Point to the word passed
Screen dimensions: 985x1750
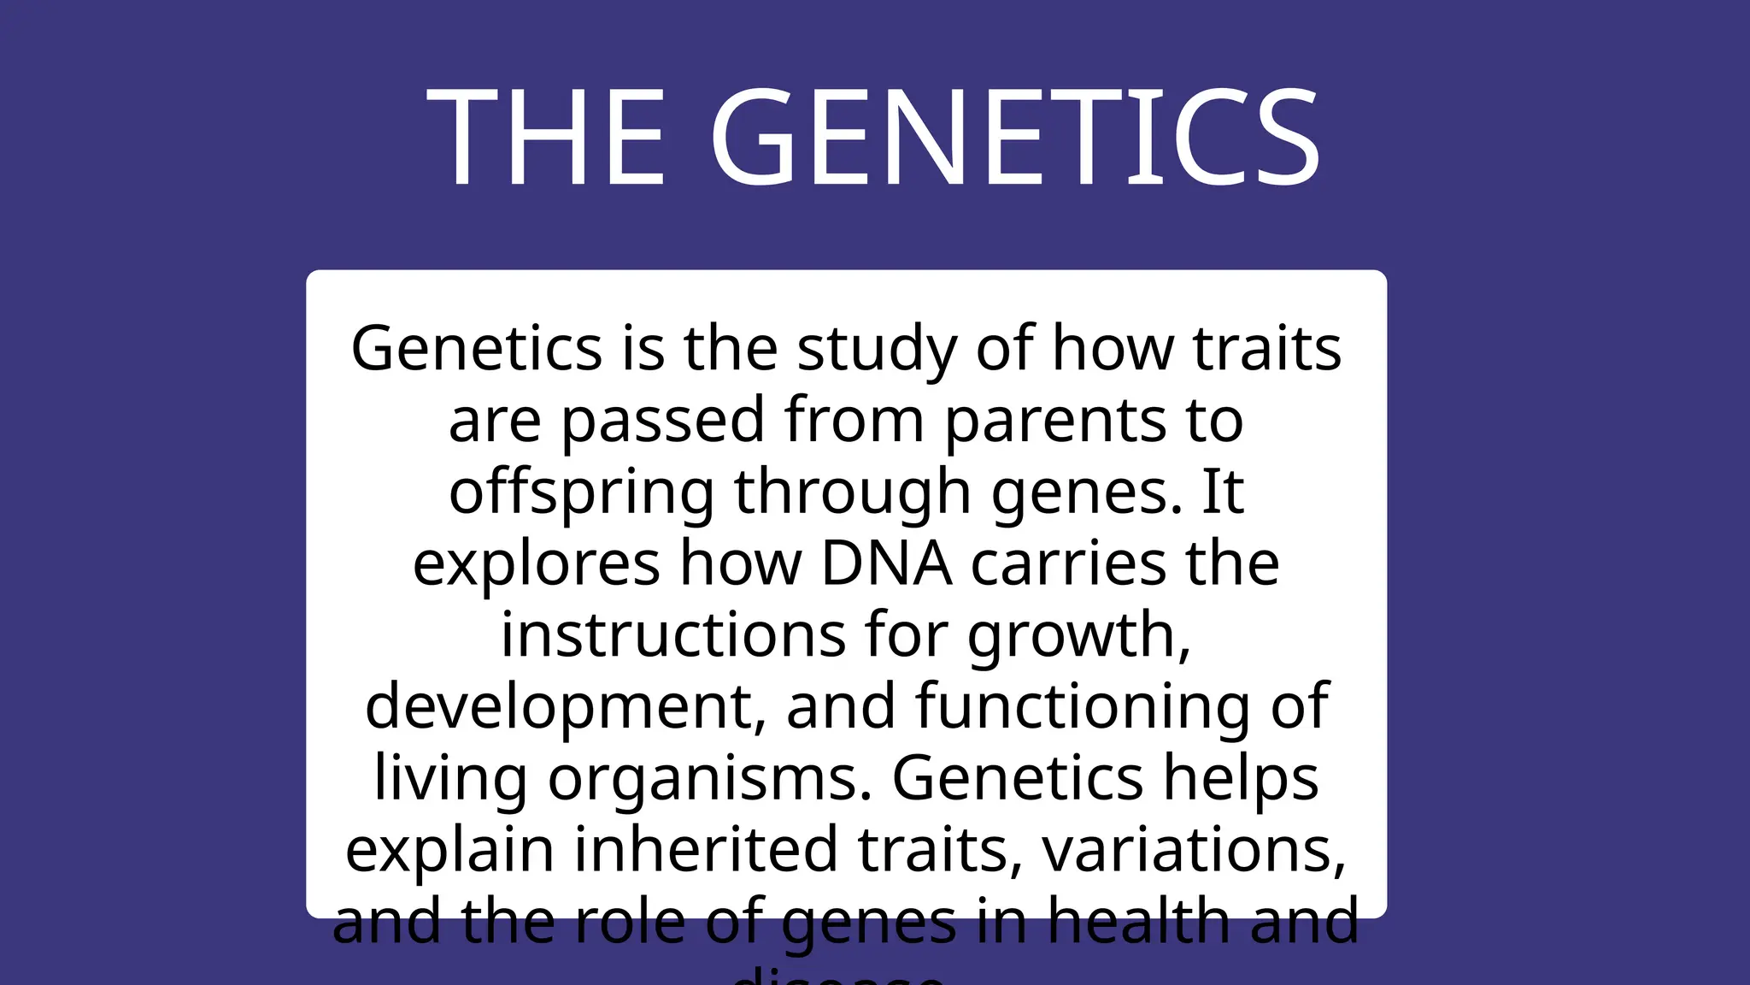pyautogui.click(x=663, y=421)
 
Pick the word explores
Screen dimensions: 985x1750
pyautogui.click(x=537, y=564)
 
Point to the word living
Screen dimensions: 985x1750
pyautogui.click(x=450, y=780)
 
